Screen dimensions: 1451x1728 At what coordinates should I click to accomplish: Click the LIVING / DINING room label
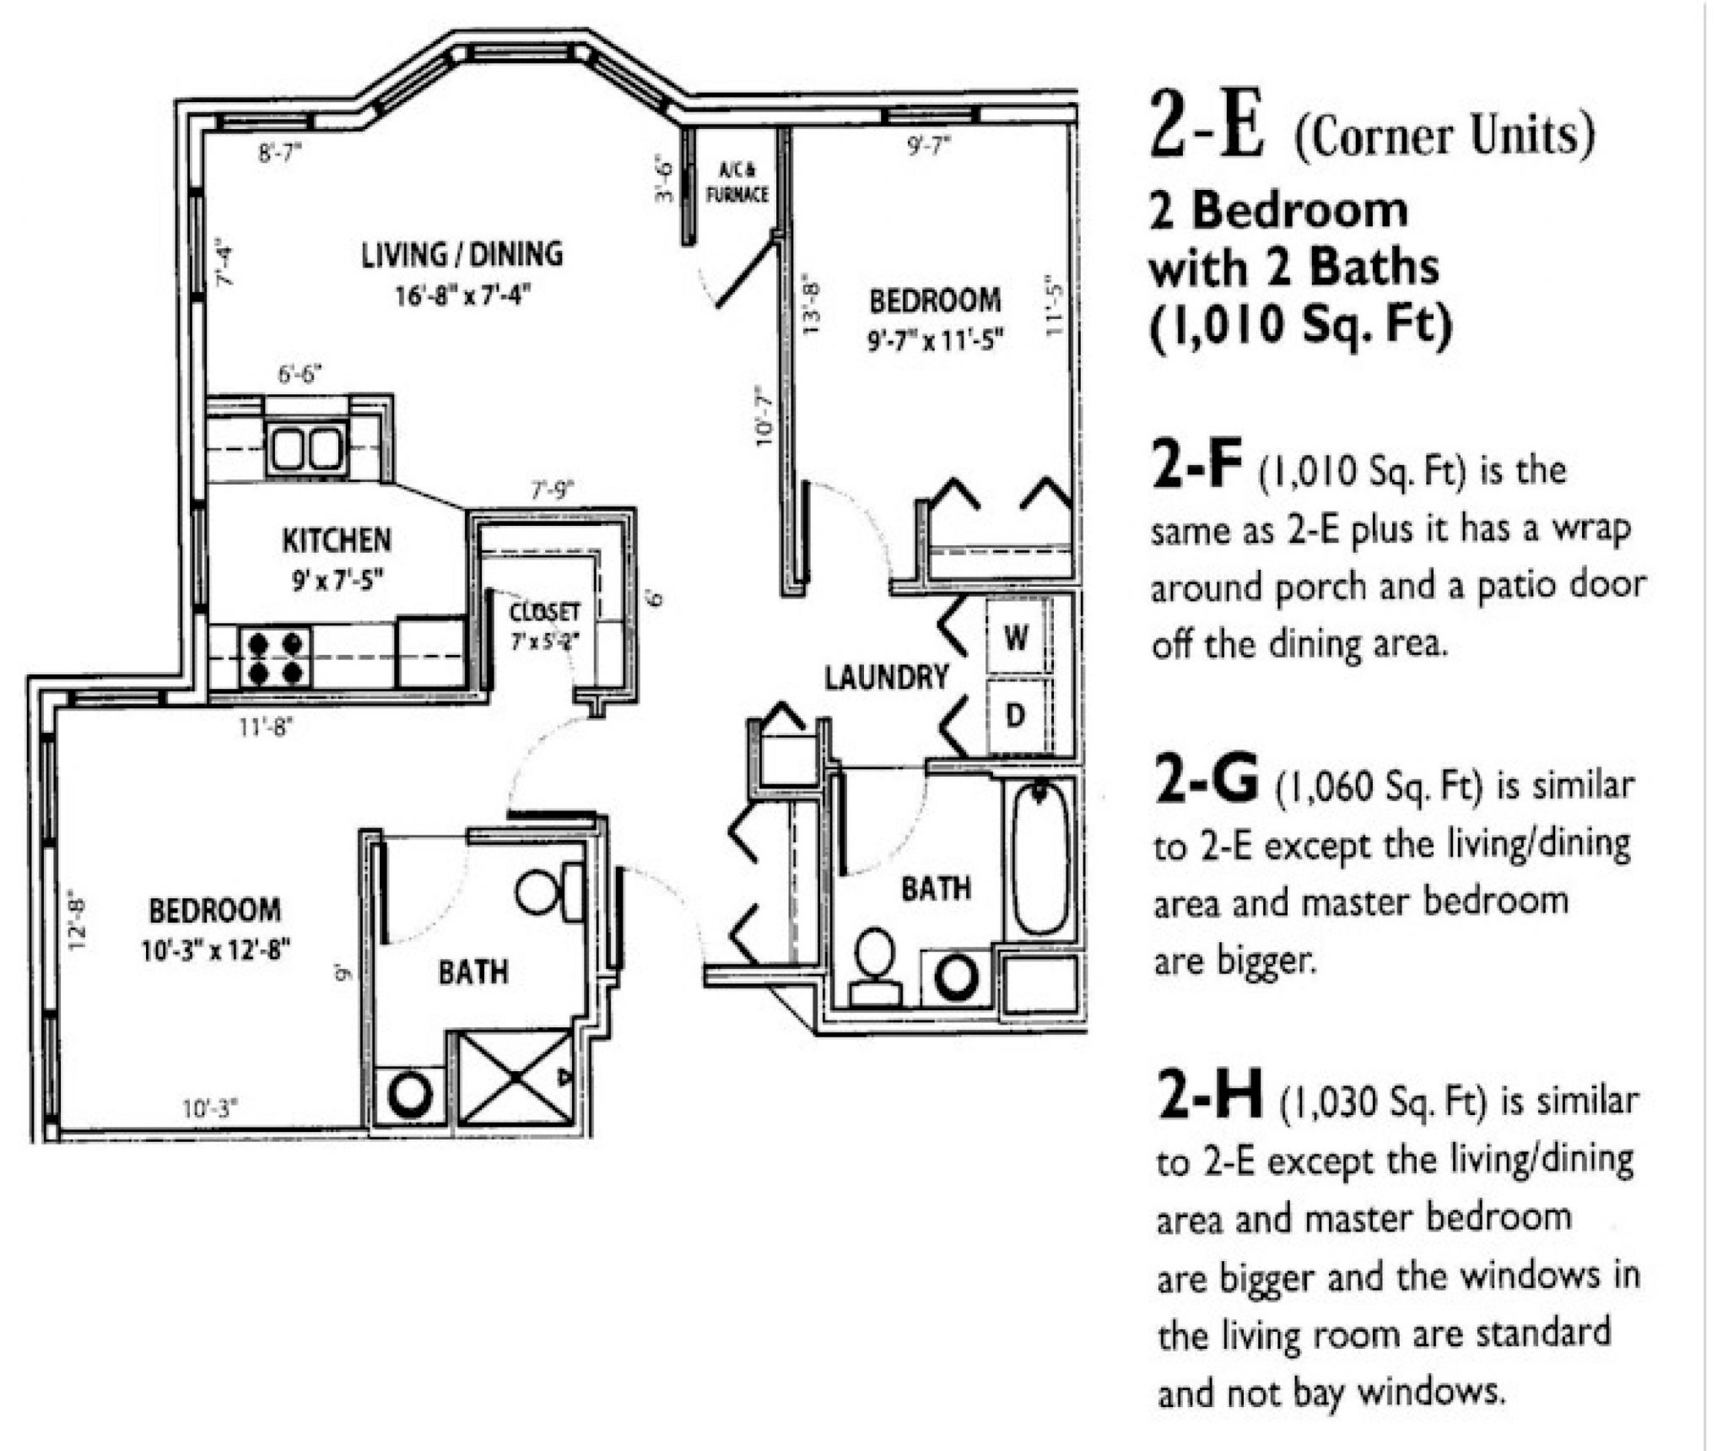pos(462,254)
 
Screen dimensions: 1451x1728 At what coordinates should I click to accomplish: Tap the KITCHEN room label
pos(336,540)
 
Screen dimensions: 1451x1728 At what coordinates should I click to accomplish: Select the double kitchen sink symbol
pos(305,448)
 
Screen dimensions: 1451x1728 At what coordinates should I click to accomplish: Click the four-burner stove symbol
pos(275,658)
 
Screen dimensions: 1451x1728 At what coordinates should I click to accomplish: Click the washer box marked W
pos(1016,637)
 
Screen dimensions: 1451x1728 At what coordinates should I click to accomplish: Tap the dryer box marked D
pos(1015,716)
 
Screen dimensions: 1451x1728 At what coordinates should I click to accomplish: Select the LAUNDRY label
pos(886,677)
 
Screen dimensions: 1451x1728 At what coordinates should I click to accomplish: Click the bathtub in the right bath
pos(1040,858)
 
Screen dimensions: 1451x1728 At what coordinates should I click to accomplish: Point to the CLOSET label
pos(545,611)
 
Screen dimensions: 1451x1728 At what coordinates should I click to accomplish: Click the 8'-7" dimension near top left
pos(279,153)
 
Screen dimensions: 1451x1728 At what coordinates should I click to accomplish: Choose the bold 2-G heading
pos(1205,781)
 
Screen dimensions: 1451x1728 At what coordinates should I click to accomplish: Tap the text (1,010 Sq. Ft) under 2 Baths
pos(1300,324)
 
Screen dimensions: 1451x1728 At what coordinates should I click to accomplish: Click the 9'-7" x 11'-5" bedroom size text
pos(935,341)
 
